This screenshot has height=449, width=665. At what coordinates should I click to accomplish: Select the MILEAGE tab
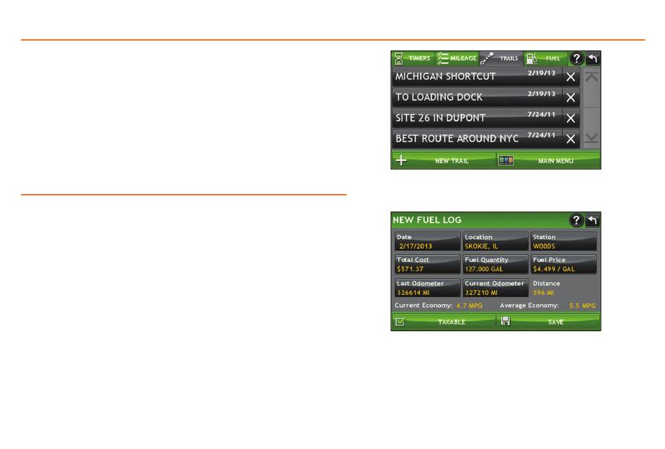[457, 58]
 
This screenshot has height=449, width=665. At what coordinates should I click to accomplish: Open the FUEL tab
[545, 58]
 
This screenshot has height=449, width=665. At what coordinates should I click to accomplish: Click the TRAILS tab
[501, 58]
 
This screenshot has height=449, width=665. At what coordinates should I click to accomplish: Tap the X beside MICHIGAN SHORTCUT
[570, 77]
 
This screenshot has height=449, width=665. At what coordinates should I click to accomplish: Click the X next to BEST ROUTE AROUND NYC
[570, 139]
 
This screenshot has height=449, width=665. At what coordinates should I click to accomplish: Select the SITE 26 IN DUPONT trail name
[440, 118]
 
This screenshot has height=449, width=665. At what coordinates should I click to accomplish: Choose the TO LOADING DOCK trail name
[439, 97]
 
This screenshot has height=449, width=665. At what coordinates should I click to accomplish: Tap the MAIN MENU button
[548, 160]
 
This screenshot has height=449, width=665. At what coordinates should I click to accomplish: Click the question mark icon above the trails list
[576, 58]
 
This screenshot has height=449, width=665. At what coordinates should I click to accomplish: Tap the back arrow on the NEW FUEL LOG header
[592, 220]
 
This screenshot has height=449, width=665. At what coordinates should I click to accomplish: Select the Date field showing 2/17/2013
[427, 242]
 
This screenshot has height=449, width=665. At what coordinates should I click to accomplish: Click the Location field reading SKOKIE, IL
[496, 242]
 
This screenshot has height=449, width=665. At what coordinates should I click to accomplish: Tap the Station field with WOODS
[563, 242]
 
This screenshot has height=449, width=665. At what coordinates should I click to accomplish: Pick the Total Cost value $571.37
[410, 269]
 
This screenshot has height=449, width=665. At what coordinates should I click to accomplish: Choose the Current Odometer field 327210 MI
[496, 288]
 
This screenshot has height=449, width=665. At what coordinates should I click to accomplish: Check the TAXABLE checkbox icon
[400, 322]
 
